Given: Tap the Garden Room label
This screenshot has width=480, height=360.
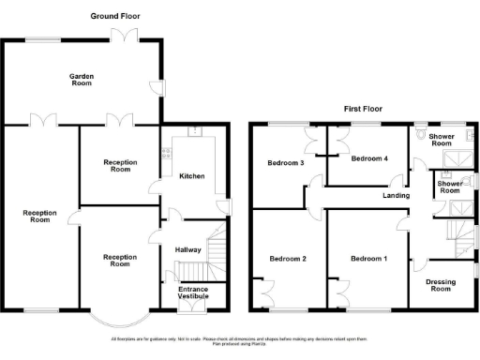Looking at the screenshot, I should point(82,78).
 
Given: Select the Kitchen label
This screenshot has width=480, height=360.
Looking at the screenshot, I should point(192,176).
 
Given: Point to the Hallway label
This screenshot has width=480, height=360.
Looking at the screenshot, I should point(188,249).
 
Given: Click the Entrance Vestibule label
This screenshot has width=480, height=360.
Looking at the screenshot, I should point(193,292).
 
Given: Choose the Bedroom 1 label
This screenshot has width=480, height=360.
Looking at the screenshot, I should point(367,258).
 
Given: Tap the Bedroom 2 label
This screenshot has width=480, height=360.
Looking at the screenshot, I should point(287,258).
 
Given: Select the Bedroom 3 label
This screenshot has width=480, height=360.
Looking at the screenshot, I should point(286,163).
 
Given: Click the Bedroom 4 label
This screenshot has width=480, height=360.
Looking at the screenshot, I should point(368,158).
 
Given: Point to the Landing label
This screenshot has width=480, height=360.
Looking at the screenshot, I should point(397,196).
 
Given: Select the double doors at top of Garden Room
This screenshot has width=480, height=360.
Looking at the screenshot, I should point(124,36).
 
